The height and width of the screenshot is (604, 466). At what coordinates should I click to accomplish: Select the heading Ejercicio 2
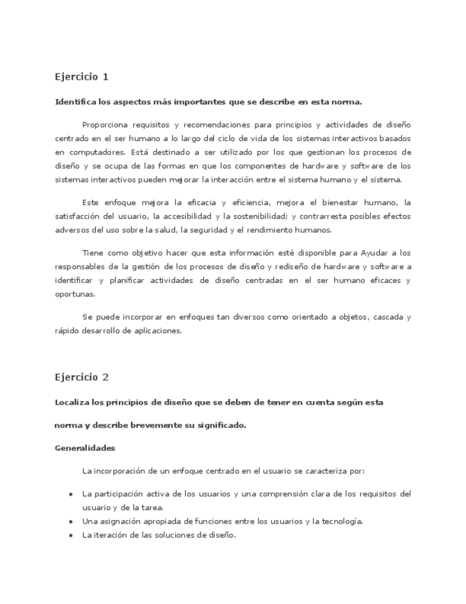click(x=82, y=377)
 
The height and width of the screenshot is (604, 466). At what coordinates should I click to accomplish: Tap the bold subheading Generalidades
click(x=85, y=448)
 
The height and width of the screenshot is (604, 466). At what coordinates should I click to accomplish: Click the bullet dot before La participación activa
click(x=70, y=494)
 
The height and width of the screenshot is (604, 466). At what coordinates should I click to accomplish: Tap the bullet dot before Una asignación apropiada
click(x=70, y=521)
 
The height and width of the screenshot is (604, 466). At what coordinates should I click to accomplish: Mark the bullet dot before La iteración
click(x=70, y=536)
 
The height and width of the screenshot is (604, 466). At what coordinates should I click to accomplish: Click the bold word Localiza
click(x=73, y=402)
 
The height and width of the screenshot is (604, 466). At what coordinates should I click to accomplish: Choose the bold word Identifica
click(x=75, y=102)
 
